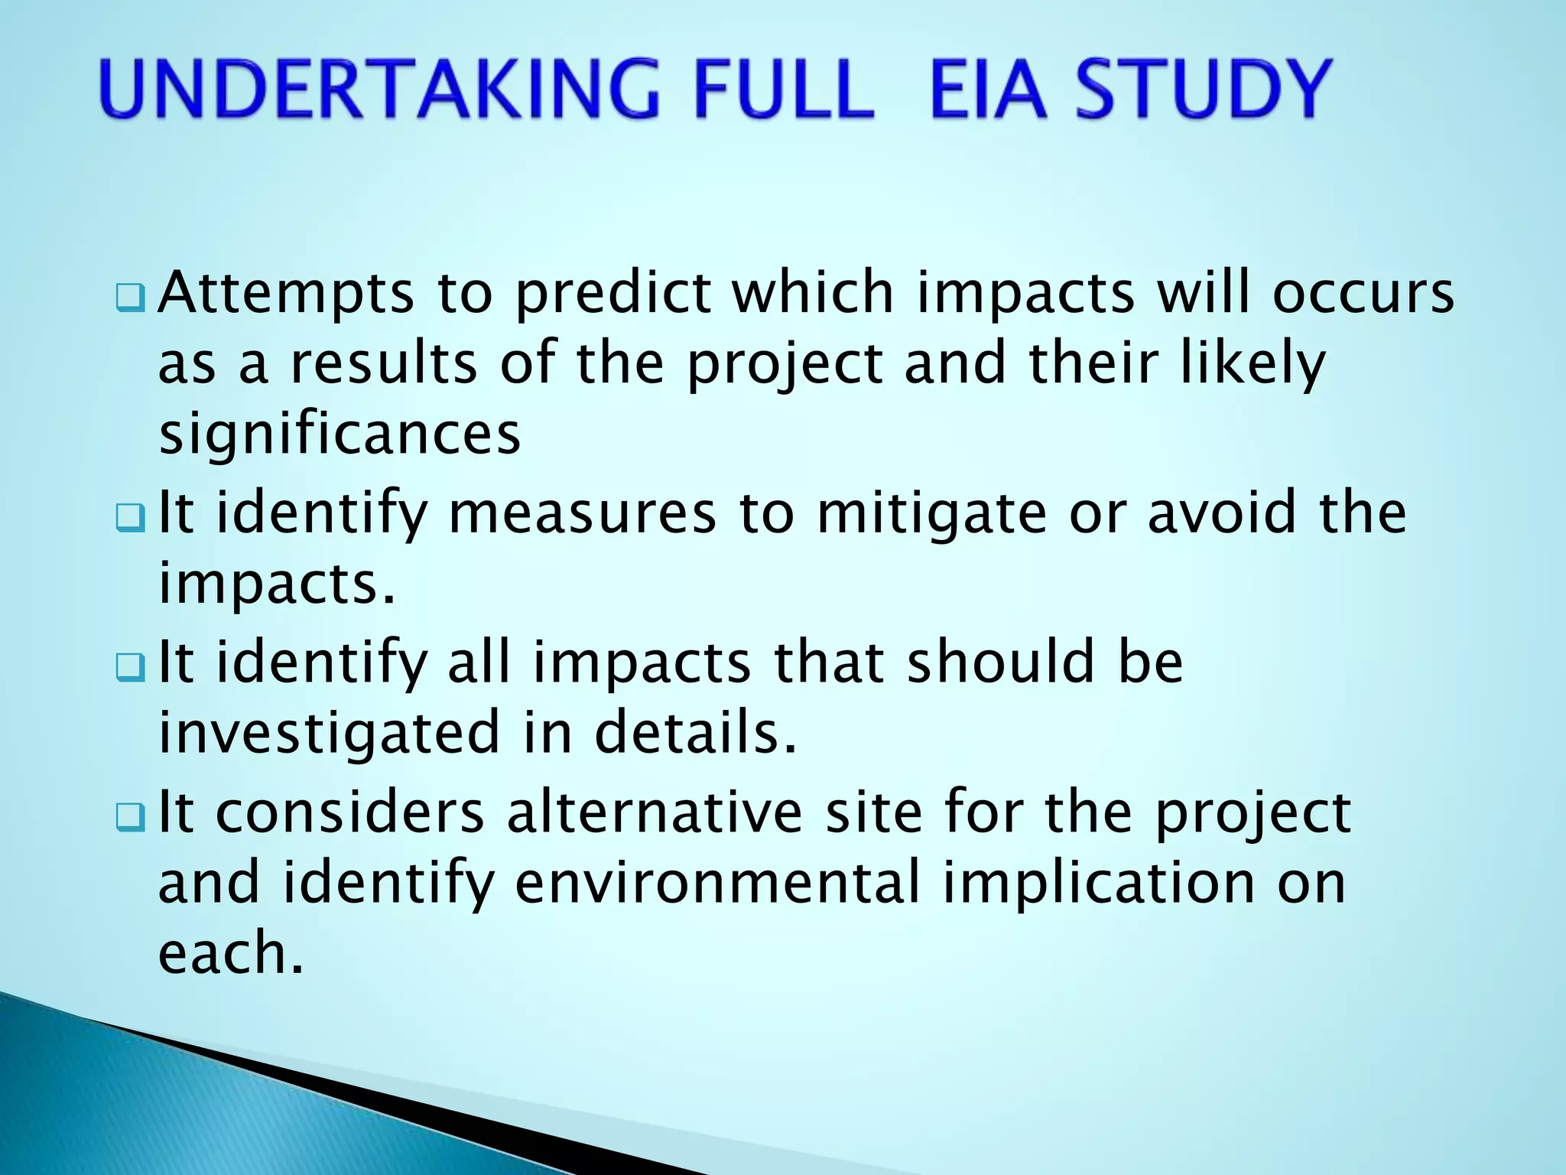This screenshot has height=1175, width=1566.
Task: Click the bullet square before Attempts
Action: click(129, 298)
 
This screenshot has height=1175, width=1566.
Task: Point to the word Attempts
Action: click(286, 295)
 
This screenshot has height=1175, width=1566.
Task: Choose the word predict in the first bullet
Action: click(612, 295)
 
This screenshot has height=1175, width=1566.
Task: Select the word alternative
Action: click(654, 812)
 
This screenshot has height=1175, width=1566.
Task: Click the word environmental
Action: click(718, 883)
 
